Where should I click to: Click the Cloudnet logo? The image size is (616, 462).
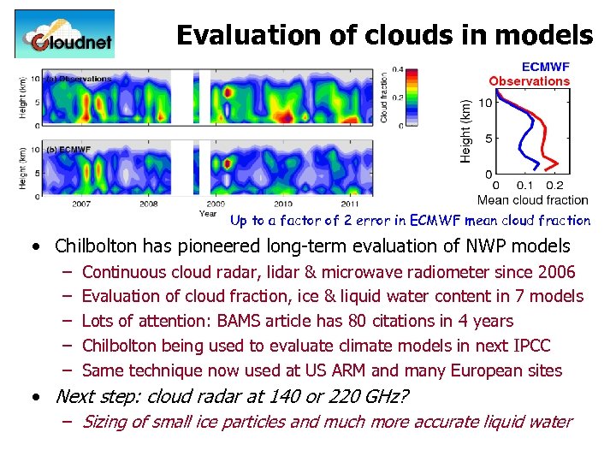(x=64, y=34)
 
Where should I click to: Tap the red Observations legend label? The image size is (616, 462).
(x=529, y=81)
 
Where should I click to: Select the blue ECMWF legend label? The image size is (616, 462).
(x=545, y=68)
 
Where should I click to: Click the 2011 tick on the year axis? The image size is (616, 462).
(x=351, y=204)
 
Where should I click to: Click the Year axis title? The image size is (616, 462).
(x=208, y=214)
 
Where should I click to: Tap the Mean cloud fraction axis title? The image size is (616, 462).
(x=532, y=200)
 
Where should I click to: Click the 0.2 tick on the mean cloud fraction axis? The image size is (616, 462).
(x=554, y=186)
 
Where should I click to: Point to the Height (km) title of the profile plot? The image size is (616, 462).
(x=466, y=127)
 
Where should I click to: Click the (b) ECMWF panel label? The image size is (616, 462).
(x=68, y=150)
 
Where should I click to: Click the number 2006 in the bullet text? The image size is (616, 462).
(x=556, y=272)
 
